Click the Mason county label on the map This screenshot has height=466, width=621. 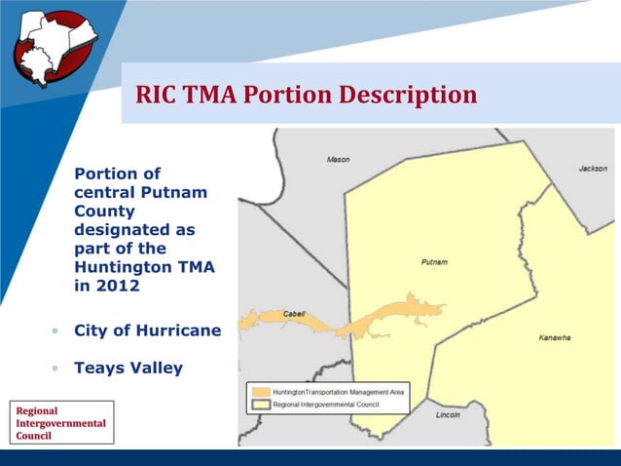coord(338,159)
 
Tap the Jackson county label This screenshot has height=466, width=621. coord(592,169)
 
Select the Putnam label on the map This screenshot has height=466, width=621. coord(434,262)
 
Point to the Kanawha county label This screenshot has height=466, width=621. coord(554,338)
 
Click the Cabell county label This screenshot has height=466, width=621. coord(293,313)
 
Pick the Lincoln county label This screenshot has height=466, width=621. coord(448,414)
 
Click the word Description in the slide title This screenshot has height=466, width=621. coord(408,95)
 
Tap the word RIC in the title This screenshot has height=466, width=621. coord(158,95)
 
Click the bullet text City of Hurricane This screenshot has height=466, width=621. coord(147,330)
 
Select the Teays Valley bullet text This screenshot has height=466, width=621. coord(128,369)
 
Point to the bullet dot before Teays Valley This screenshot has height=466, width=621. coord(55,369)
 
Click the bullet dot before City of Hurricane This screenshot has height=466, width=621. coord(55,331)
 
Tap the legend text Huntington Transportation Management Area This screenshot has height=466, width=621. coord(339,392)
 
